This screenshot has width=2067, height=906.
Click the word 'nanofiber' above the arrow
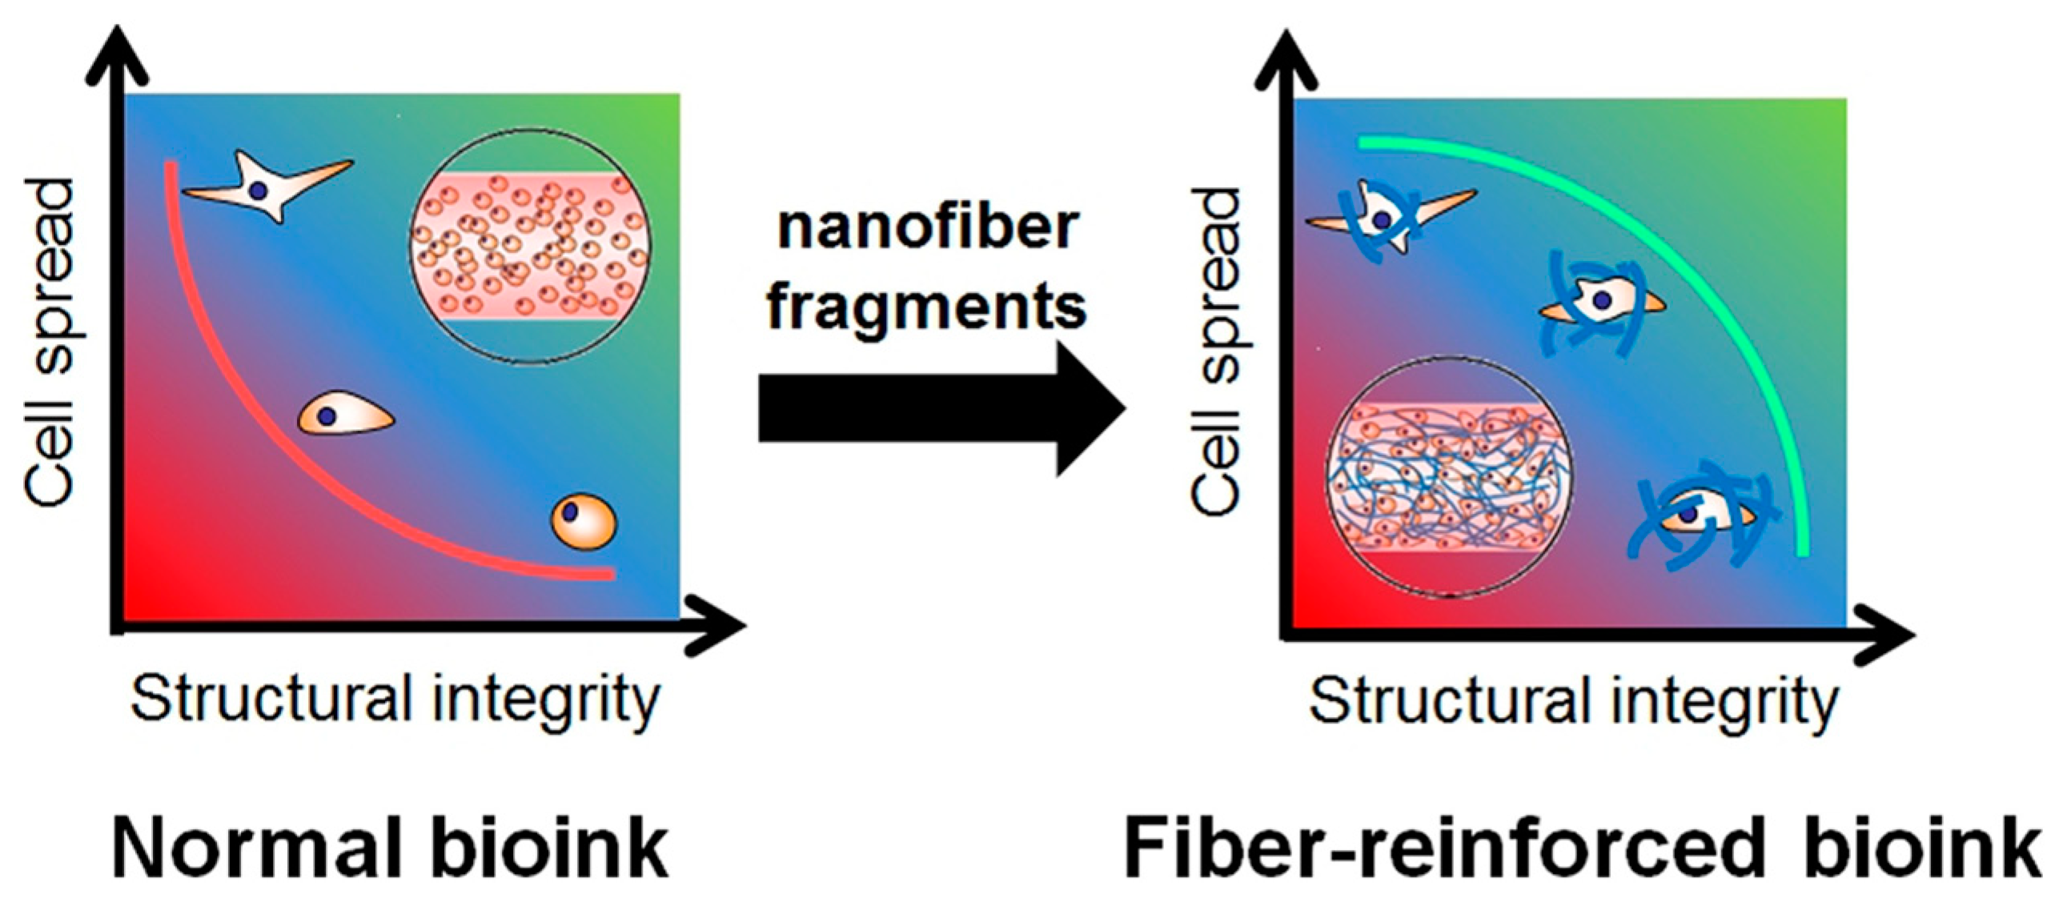(x=927, y=228)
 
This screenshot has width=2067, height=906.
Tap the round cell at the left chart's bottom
(x=584, y=521)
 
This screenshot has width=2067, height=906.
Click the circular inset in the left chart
(x=531, y=246)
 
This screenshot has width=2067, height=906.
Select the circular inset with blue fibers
(x=1449, y=478)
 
